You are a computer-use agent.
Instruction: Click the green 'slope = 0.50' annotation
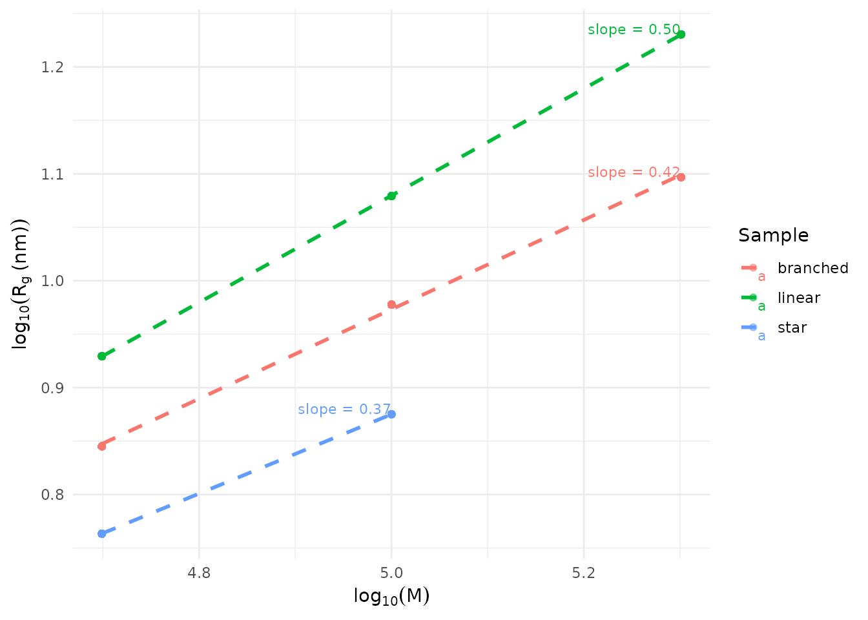634,30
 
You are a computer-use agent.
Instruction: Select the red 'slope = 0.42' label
634,172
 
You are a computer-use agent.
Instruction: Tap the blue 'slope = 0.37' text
344,409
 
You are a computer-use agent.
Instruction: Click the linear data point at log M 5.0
391,196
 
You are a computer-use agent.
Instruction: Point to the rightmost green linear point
681,34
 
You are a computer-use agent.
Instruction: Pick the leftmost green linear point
102,356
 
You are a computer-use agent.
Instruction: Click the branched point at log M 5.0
391,304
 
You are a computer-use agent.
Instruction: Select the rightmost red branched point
681,177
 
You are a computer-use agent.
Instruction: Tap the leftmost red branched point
102,446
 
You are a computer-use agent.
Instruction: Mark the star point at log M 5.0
391,414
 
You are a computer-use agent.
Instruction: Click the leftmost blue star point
102,533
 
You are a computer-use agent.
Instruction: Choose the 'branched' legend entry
812,268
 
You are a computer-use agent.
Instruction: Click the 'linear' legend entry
798,298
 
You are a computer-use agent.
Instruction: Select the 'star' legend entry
792,327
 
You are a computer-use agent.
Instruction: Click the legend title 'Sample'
773,235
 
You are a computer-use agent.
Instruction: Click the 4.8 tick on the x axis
199,573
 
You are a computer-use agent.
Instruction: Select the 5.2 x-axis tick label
584,573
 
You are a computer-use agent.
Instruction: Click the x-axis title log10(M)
391,596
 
